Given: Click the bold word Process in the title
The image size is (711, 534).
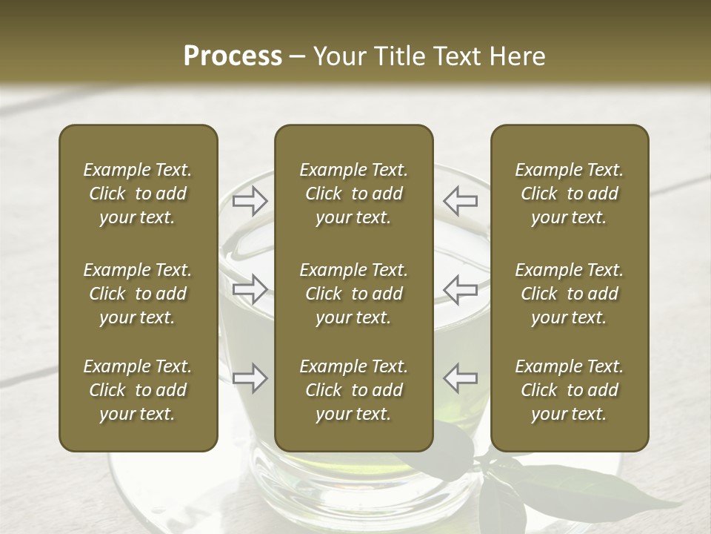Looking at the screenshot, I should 233,56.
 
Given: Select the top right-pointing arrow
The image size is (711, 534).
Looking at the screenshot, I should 250,200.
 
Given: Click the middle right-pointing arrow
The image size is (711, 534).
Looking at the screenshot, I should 250,289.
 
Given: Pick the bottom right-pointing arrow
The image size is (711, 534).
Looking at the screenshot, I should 250,378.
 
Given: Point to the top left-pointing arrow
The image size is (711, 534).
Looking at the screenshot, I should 461,200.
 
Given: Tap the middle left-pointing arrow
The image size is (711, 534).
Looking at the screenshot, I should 461,289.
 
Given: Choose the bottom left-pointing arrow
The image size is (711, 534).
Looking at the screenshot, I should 461,378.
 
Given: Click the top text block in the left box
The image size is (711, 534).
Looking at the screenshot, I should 138,194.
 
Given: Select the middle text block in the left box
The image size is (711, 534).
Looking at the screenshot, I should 138,294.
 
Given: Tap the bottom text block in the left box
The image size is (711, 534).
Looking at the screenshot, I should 138,390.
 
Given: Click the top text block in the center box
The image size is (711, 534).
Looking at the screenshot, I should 353,194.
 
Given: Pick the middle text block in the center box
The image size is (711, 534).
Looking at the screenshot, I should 353,294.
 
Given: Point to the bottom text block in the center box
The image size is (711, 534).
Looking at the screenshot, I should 353,390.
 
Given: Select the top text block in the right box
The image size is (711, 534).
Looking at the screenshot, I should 569,194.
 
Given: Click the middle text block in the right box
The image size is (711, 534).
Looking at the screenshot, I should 569,294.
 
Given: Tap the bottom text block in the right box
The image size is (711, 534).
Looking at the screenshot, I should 569,390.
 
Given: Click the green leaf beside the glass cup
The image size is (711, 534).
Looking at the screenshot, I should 563,486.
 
